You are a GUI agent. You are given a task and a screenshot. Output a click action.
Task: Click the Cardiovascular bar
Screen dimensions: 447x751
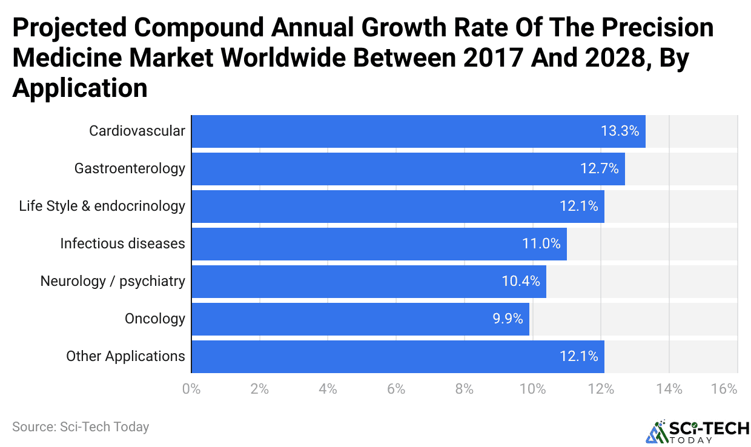[x=418, y=131]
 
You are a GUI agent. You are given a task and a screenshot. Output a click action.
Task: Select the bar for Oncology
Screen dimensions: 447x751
[x=360, y=319]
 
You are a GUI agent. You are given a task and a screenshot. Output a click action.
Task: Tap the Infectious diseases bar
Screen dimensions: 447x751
[x=379, y=243]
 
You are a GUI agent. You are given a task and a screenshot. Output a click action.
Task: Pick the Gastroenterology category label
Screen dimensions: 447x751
[x=130, y=168]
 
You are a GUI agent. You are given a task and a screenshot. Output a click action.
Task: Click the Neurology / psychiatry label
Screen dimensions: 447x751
[x=113, y=281]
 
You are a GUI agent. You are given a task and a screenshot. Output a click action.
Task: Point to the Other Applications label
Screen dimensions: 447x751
[x=125, y=356]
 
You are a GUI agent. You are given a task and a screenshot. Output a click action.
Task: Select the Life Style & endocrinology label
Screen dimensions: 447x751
[x=102, y=206]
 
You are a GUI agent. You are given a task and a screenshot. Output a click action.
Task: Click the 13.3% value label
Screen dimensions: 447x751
[x=620, y=131]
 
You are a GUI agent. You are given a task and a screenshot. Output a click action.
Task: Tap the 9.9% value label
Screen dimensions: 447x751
[x=508, y=319]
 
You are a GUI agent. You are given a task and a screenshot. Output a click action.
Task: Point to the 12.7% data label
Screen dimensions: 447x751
[x=600, y=168]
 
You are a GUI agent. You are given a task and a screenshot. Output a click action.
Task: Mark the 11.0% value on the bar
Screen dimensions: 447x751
[x=541, y=243]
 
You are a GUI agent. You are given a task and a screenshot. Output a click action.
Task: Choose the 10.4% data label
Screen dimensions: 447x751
[x=521, y=281]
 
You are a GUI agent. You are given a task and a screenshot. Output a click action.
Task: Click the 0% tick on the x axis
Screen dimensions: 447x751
[x=191, y=389]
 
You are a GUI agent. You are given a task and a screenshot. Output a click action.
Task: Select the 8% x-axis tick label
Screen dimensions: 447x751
[x=465, y=389]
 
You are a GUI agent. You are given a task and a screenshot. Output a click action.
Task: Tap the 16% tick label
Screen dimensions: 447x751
[x=724, y=389]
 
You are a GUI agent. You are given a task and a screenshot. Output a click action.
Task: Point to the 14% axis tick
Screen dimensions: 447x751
[x=669, y=389]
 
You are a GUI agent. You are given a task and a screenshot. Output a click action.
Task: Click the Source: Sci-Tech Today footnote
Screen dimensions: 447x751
[x=81, y=427]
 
